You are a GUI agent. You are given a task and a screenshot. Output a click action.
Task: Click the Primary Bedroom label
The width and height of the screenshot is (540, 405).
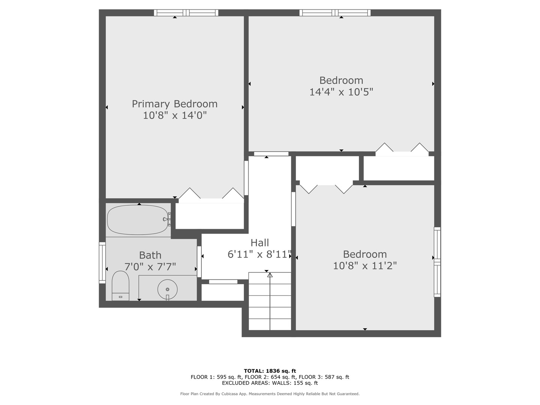175,104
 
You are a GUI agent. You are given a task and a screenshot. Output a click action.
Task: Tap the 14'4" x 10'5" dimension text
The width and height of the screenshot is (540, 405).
341,92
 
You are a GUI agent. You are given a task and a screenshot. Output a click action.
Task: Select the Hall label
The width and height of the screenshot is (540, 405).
259,243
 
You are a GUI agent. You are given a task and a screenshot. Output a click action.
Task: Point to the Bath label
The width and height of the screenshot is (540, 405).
150,255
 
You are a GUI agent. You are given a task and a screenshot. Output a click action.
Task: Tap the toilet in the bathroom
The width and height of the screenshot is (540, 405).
120,286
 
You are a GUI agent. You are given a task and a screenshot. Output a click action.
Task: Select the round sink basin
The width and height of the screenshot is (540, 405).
168,289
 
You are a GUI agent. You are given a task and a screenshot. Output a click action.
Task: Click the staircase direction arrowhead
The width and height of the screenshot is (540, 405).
270,275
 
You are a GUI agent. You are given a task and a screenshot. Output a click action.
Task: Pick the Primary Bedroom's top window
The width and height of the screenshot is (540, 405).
186,13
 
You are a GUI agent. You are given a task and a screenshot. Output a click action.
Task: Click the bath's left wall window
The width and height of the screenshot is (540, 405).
102,262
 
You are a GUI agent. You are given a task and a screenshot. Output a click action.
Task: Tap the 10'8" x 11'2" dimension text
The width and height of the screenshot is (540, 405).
365,266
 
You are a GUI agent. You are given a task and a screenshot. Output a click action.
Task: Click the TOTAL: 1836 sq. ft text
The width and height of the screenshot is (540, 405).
270,371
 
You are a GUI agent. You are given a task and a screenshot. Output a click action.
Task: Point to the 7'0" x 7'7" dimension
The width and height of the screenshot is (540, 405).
150,267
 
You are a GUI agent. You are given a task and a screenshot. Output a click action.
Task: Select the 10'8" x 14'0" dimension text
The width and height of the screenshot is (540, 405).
175,115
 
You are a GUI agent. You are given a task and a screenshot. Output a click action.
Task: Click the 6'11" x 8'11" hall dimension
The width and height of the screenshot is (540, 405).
259,254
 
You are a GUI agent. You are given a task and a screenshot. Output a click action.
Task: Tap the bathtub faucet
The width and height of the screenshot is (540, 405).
167,219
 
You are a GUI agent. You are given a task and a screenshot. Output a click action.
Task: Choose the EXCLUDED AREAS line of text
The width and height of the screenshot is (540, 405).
270,383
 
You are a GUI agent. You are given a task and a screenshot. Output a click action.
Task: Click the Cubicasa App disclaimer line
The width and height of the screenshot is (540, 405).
270,394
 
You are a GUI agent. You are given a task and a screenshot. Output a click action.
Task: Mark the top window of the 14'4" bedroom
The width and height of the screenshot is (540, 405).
335,13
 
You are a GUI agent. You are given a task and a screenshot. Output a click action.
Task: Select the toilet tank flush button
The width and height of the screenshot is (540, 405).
120,297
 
